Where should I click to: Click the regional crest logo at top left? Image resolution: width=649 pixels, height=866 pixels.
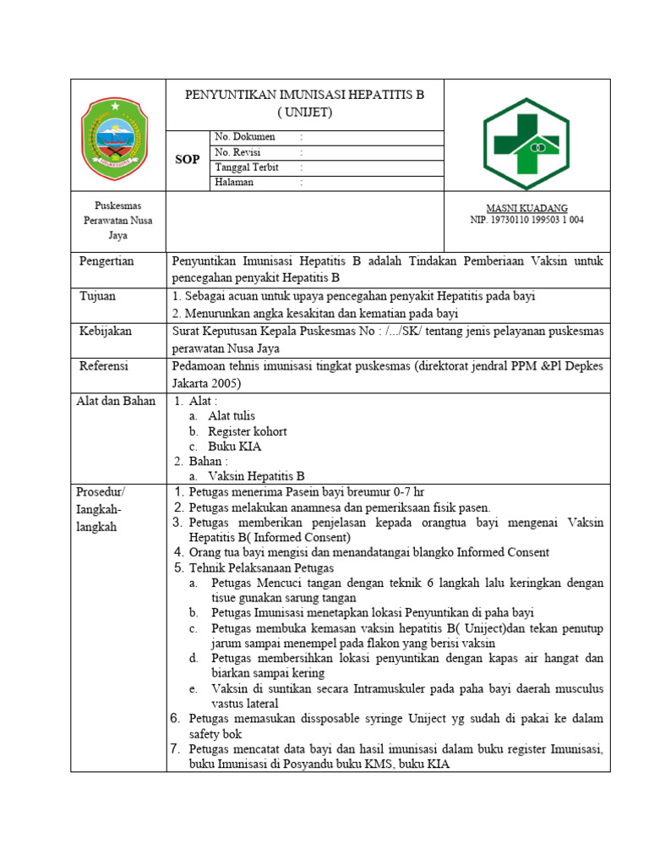pos(117,135)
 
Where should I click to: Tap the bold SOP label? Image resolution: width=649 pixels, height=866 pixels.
pos(187,160)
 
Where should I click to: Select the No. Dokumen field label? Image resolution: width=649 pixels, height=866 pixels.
pos(245,137)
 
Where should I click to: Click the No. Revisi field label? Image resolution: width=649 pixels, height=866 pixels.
pos(240,152)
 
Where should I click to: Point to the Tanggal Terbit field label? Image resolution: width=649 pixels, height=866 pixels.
pos(247,167)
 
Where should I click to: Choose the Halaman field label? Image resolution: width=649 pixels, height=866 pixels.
pos(234,183)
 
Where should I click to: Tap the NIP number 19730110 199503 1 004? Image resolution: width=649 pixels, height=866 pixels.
pos(526,220)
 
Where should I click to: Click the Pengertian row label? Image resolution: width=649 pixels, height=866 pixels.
pos(106,261)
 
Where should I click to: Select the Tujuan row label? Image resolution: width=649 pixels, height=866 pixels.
pos(97,296)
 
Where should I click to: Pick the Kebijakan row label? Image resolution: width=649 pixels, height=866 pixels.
pos(106,332)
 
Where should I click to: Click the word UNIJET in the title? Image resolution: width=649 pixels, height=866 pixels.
pos(305,112)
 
